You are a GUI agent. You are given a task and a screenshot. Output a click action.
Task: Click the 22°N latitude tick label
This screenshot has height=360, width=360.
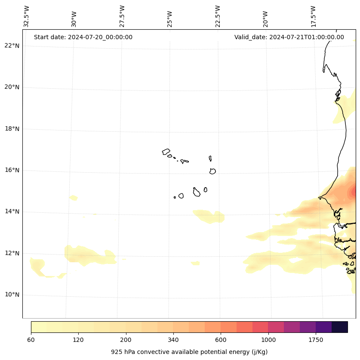coord(12,46)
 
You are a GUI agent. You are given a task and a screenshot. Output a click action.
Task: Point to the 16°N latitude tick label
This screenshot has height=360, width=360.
coord(12,170)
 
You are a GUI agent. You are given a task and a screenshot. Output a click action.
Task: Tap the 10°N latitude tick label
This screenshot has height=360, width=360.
coord(12,295)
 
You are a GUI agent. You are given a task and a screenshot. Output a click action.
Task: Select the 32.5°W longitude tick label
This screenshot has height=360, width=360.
coord(27,16)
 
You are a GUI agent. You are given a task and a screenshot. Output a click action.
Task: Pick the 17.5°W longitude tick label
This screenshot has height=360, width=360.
coord(313,16)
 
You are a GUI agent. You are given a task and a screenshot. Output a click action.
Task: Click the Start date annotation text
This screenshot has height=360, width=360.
coord(83,37)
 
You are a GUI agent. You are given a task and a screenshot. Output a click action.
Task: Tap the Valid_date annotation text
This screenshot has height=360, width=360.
coord(289,37)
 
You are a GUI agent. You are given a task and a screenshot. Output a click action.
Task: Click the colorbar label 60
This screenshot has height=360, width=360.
coord(31,340)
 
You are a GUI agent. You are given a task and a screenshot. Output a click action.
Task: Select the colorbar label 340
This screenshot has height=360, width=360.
coord(173,340)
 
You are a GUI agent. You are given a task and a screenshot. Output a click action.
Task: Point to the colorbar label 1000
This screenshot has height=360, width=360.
coord(268,340)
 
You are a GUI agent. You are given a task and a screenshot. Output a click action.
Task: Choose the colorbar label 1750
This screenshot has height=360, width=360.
coord(316,340)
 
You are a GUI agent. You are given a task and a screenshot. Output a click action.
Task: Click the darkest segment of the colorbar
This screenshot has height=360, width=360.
coord(340,327)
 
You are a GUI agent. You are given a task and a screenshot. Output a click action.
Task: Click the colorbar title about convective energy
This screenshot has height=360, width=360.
coord(189,352)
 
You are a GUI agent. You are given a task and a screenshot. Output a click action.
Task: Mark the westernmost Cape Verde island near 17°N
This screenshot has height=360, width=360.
coord(166,152)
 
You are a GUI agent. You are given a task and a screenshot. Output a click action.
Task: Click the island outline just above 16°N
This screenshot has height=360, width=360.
coord(212,171)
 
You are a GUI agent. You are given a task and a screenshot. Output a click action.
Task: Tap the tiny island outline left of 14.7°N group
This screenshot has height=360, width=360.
coord(175,197)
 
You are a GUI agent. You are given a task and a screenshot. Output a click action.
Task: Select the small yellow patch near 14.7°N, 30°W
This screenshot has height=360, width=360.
coord(74,198)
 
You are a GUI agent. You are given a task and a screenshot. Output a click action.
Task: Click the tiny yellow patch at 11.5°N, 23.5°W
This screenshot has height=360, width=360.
coord(195,263)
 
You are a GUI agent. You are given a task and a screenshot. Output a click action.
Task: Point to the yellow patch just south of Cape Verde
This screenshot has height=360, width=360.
coord(209,216)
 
